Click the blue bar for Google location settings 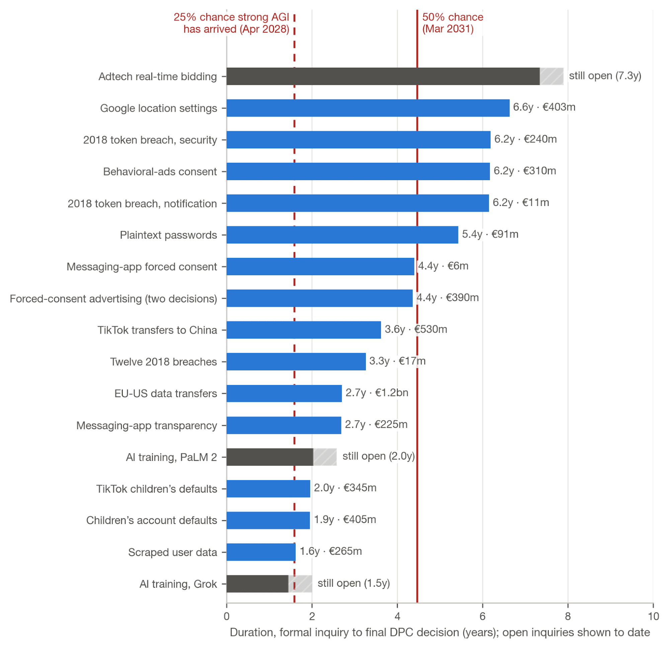click(368, 108)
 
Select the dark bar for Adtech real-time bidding click(383, 76)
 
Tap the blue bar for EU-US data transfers click(284, 393)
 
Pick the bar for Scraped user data click(261, 552)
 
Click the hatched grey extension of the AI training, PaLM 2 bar click(325, 457)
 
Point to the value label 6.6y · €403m click(544, 107)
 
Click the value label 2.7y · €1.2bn click(377, 393)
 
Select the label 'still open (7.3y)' click(605, 76)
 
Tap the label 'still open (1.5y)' click(354, 583)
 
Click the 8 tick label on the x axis click(568, 616)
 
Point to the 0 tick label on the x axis click(227, 616)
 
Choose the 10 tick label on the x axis click(653, 616)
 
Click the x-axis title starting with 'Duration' click(440, 632)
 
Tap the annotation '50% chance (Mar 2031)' click(452, 23)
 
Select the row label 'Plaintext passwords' click(168, 235)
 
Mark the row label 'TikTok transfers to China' click(157, 330)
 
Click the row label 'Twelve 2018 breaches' click(164, 362)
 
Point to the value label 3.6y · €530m click(416, 329)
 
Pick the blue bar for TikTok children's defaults click(268, 489)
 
